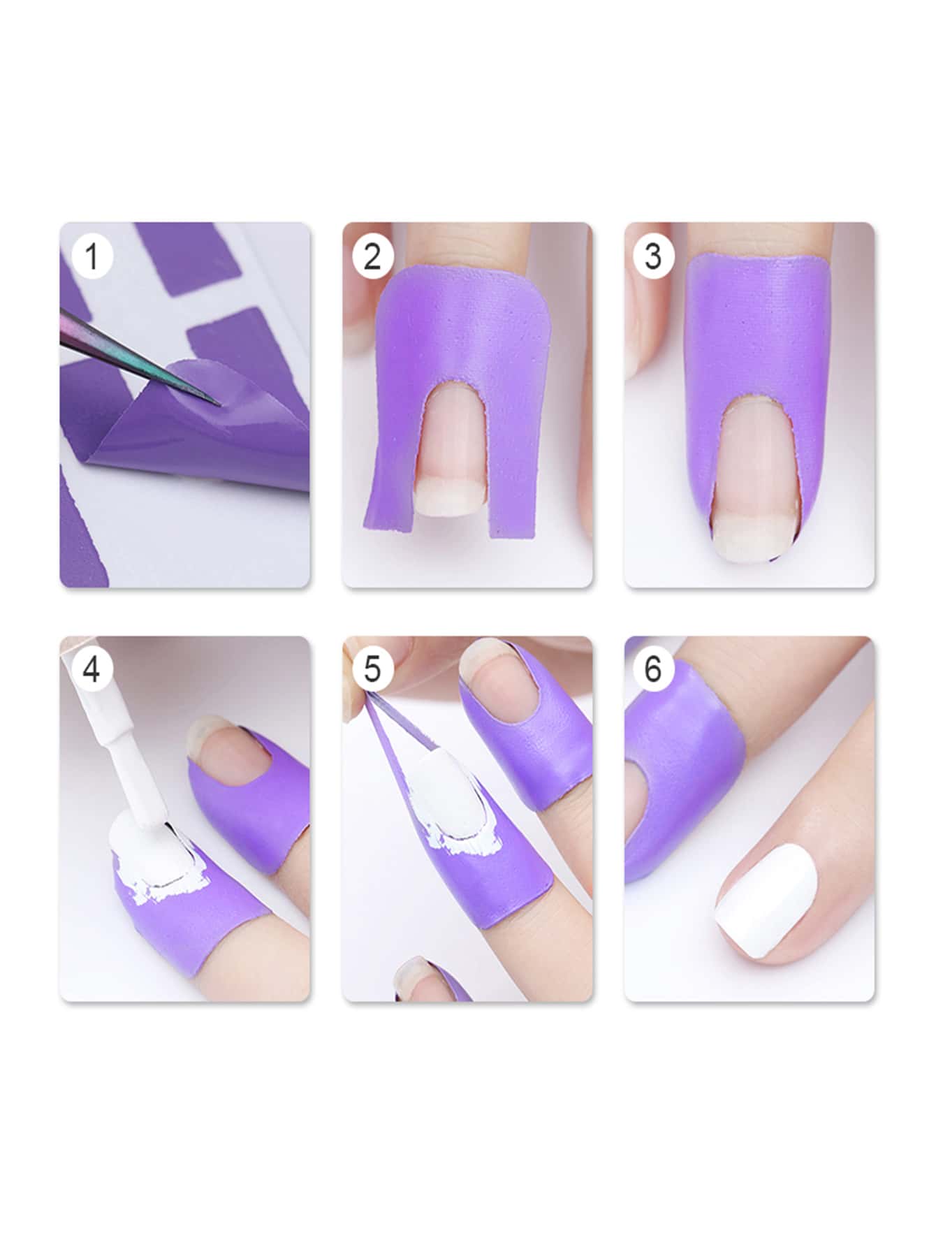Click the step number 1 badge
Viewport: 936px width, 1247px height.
click(92, 256)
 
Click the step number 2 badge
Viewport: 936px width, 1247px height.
click(372, 256)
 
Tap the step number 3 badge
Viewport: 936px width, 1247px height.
click(653, 256)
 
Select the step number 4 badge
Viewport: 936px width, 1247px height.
click(92, 669)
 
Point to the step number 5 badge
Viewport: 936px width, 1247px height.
click(372, 669)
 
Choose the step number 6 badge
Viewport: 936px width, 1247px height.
click(653, 669)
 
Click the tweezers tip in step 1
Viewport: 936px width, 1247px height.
click(219, 403)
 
